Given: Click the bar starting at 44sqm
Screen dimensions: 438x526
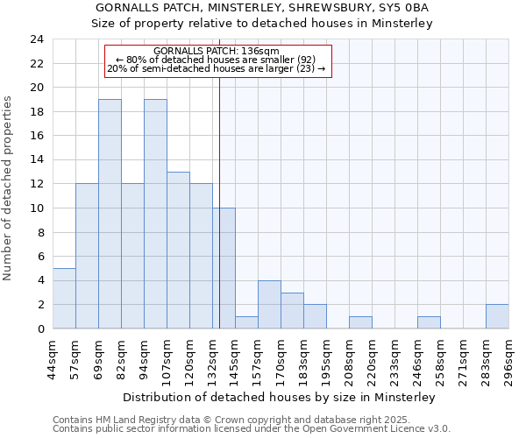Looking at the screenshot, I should (64, 298).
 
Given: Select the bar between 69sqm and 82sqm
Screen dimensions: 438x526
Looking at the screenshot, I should (110, 214).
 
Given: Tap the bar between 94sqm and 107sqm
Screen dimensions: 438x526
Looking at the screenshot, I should (155, 214).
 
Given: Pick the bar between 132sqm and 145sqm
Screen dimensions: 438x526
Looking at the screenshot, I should (224, 268).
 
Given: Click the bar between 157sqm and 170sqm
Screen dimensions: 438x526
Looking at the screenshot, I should (269, 304).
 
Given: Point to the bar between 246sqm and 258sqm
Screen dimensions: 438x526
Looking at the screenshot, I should (429, 322).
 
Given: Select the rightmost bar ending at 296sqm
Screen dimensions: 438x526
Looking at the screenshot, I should (497, 316).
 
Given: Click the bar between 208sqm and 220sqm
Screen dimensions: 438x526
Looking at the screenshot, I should (360, 322).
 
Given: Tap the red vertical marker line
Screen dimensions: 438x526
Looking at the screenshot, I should (219, 175).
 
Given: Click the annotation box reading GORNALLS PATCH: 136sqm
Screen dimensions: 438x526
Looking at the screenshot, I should (218, 60).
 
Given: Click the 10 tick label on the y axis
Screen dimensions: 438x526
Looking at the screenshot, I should (36, 208).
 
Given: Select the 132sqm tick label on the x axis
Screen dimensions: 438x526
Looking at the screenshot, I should (213, 359).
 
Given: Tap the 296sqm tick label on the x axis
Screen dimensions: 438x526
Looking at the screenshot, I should (509, 359).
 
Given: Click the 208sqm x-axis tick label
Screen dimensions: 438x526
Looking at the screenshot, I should (350, 359).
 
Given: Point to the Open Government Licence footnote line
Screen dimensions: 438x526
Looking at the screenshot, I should (252, 429).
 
